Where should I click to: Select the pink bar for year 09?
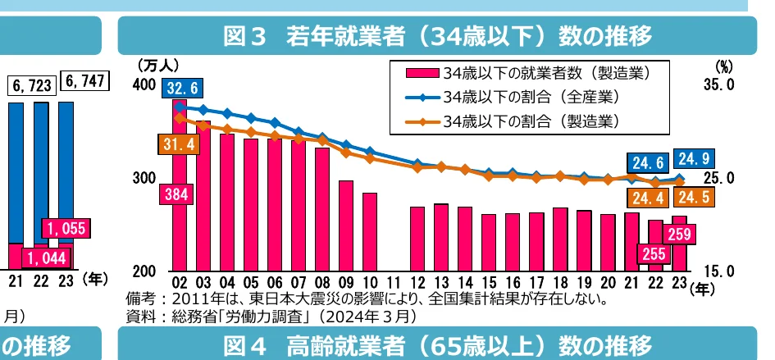(346, 225)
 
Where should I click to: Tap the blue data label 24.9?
(693, 157)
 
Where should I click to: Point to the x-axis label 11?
(394, 283)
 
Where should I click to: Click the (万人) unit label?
(157, 65)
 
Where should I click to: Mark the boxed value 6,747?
(86, 84)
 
